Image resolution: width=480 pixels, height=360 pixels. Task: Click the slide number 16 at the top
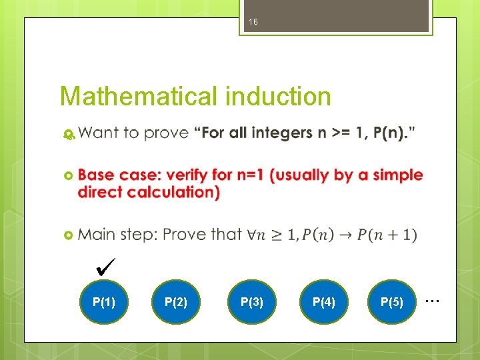point(253,22)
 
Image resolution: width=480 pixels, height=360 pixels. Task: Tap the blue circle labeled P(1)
point(104,302)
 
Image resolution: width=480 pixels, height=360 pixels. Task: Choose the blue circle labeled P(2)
point(175,302)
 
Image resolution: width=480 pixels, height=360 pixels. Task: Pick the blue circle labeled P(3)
point(251,302)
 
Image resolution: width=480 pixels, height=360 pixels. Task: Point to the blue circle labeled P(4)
point(323,302)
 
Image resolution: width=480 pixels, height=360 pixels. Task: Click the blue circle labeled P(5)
point(391,302)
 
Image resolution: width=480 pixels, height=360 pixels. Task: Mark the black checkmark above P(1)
point(106,268)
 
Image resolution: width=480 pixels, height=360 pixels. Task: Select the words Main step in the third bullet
point(117,235)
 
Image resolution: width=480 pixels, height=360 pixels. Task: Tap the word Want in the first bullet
point(99,133)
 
